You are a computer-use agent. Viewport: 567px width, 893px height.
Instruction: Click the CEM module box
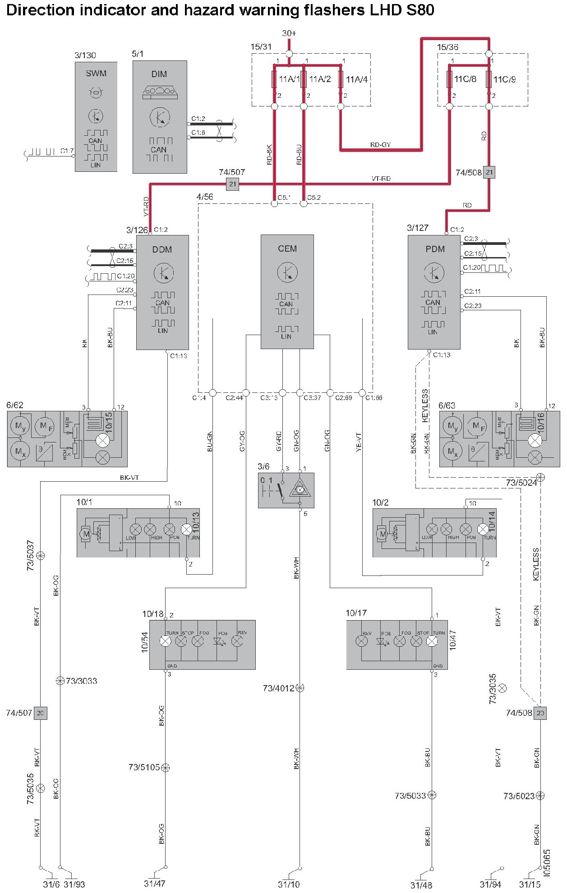point(287,291)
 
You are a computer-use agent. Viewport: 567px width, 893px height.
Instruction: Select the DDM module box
point(162,292)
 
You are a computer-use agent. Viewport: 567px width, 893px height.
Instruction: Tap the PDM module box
point(434,292)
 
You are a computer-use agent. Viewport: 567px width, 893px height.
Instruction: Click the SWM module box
point(96,117)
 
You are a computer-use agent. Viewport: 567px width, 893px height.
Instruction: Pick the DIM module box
point(160,117)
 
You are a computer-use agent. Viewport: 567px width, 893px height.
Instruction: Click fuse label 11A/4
point(356,79)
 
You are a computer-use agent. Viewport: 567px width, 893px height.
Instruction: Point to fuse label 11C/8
point(465,79)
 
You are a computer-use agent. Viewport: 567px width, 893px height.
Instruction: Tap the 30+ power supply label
point(289,33)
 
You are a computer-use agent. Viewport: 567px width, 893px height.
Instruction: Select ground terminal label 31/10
point(289,884)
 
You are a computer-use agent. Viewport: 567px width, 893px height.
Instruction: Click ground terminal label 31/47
point(155,884)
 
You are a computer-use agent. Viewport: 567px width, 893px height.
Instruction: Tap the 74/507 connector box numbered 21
point(232,184)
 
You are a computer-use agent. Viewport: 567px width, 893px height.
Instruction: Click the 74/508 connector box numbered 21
point(489,172)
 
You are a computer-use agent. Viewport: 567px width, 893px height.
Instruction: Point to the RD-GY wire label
point(380,145)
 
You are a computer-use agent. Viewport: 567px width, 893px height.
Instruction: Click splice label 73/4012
point(278,688)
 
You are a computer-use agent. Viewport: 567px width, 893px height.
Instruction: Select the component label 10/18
point(153,614)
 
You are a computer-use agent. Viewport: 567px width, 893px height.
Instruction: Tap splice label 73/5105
point(144,767)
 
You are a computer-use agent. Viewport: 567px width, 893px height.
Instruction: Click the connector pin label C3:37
point(312,398)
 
